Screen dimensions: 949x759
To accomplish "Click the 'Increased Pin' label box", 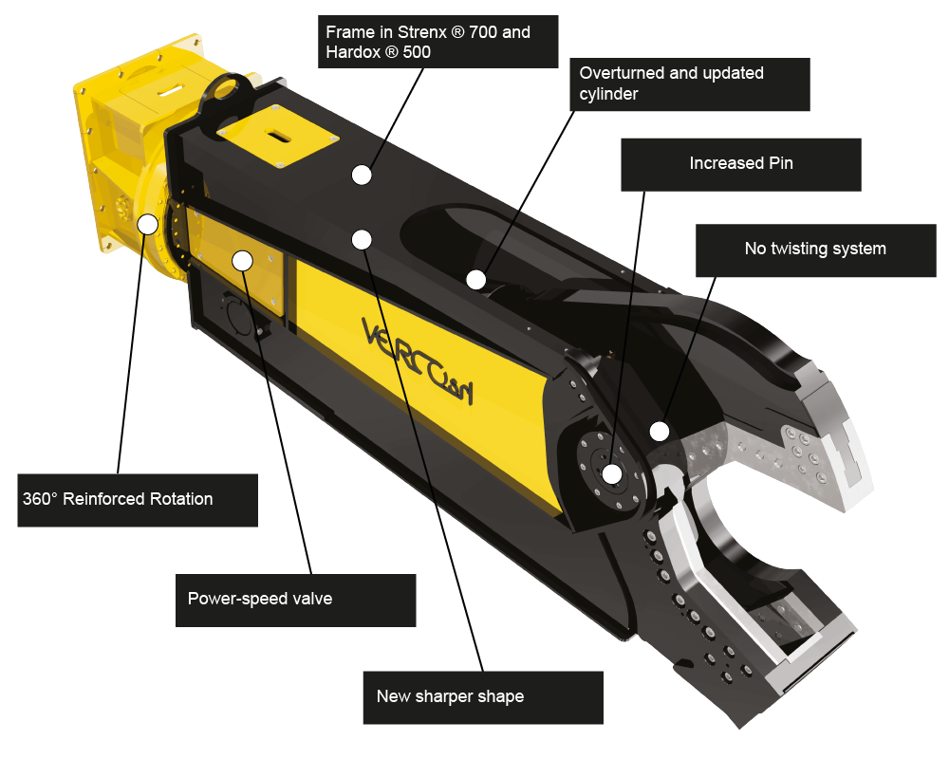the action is pyautogui.click(x=741, y=165).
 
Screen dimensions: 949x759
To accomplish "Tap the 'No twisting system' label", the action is pyautogui.click(x=816, y=250).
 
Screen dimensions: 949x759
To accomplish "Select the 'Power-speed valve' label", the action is pyautogui.click(x=295, y=601).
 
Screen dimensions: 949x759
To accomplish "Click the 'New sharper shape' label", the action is pyautogui.click(x=483, y=697).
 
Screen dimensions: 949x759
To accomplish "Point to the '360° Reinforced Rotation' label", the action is pyautogui.click(x=138, y=500).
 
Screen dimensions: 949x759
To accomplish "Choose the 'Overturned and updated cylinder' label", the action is pyautogui.click(x=690, y=84).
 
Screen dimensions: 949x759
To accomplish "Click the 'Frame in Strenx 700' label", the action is pyautogui.click(x=438, y=42).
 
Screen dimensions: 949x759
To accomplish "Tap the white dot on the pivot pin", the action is pyautogui.click(x=612, y=473).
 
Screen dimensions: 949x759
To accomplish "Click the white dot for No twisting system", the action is pyautogui.click(x=660, y=432).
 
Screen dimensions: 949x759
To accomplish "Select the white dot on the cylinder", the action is pyautogui.click(x=476, y=280).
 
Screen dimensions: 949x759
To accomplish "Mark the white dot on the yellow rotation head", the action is pyautogui.click(x=148, y=224).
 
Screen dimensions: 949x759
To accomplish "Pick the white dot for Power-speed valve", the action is pyautogui.click(x=243, y=261).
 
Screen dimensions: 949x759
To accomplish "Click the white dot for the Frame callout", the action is pyautogui.click(x=362, y=175).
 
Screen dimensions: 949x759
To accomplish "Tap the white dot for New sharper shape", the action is pyautogui.click(x=362, y=240).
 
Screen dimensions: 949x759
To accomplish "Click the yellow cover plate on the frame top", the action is pyautogui.click(x=277, y=136).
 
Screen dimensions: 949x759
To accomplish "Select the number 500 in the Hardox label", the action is pyautogui.click(x=417, y=52).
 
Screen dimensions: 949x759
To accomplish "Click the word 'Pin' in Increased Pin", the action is pyautogui.click(x=781, y=163).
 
